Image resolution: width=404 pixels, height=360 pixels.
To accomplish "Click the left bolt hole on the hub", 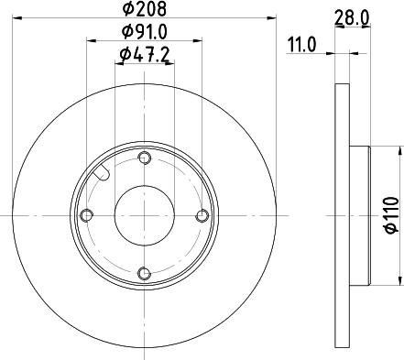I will (88, 215).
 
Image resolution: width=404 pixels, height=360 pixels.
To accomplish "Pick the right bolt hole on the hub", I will (202, 215).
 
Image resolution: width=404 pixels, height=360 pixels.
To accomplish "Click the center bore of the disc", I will (145, 215).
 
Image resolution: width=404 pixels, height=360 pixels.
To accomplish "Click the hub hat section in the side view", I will (359, 215).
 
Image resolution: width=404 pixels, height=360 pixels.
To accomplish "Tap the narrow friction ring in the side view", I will (343, 215).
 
